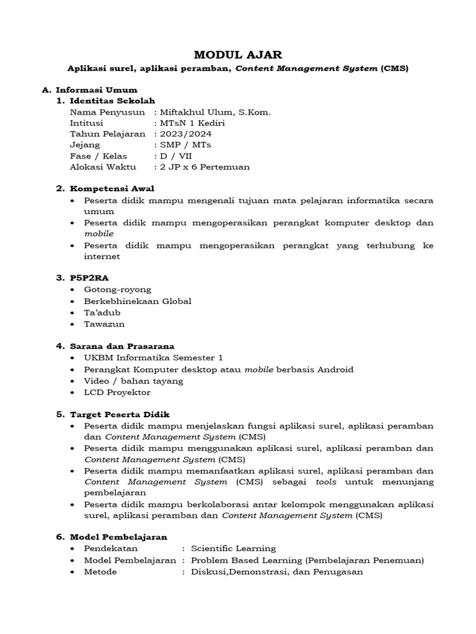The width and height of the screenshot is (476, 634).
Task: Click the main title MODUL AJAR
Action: tap(238, 54)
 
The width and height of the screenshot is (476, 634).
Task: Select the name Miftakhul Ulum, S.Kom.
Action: tap(215, 112)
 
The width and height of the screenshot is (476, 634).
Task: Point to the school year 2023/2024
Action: tap(185, 134)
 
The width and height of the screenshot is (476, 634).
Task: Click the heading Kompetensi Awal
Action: tap(112, 188)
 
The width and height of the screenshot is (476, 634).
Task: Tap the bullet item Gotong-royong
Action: tap(118, 289)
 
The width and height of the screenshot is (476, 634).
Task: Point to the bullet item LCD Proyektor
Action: tap(117, 392)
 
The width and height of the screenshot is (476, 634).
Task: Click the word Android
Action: tap(335, 369)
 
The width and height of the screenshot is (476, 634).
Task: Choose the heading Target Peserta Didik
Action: tap(120, 414)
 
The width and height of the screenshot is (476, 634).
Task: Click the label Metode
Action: tap(100, 571)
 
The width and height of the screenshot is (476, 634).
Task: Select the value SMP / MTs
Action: tap(186, 145)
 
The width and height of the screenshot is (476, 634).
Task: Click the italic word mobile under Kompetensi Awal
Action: tap(99, 234)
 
